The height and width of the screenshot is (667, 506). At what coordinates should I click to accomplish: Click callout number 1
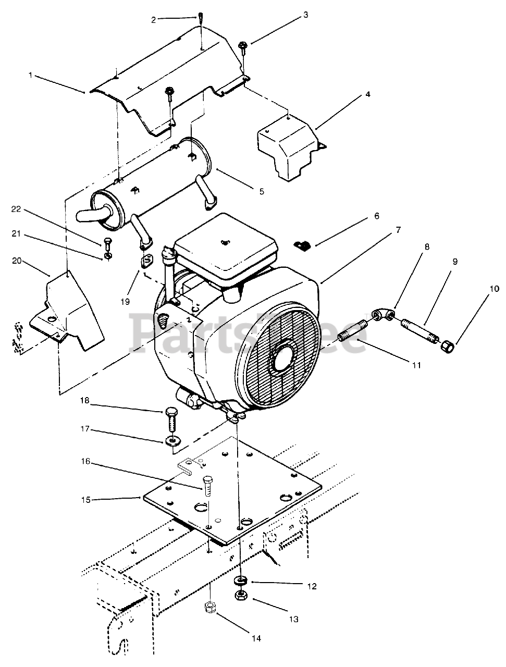point(30,76)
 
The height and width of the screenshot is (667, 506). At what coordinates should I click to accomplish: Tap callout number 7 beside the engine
point(398,230)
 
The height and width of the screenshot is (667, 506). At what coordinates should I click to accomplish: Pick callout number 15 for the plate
point(85,500)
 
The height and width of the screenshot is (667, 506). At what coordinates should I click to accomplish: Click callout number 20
point(17,261)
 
